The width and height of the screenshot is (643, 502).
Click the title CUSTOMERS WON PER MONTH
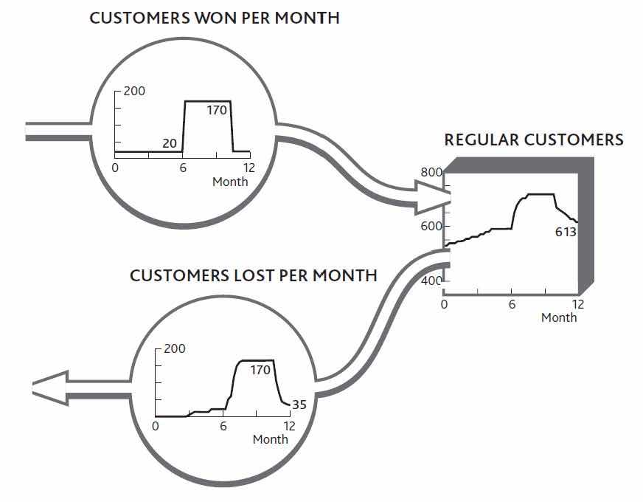[215, 18]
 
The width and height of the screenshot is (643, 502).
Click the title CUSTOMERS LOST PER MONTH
[253, 276]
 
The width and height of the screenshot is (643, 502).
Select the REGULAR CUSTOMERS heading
[533, 140]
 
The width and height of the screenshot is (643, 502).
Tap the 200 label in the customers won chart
[135, 92]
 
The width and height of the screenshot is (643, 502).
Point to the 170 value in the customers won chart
[207, 111]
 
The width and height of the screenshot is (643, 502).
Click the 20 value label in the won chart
[170, 144]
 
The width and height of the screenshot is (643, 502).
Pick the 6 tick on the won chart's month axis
[183, 168]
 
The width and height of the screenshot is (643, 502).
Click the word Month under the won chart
[230, 182]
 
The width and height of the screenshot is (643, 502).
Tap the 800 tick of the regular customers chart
[431, 173]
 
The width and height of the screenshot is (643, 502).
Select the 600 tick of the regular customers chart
[431, 227]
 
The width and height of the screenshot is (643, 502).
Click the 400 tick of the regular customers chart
[431, 281]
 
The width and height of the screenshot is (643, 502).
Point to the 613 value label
[566, 233]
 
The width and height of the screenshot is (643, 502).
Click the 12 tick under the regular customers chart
[578, 304]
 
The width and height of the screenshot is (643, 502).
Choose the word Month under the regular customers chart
[559, 317]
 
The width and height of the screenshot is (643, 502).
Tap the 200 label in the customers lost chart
[175, 348]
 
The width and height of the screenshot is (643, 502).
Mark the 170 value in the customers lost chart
[260, 370]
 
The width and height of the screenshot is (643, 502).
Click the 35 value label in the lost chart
[299, 405]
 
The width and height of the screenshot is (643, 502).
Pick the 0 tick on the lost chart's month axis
[156, 426]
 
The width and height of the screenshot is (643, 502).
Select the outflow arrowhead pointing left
[49, 387]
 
